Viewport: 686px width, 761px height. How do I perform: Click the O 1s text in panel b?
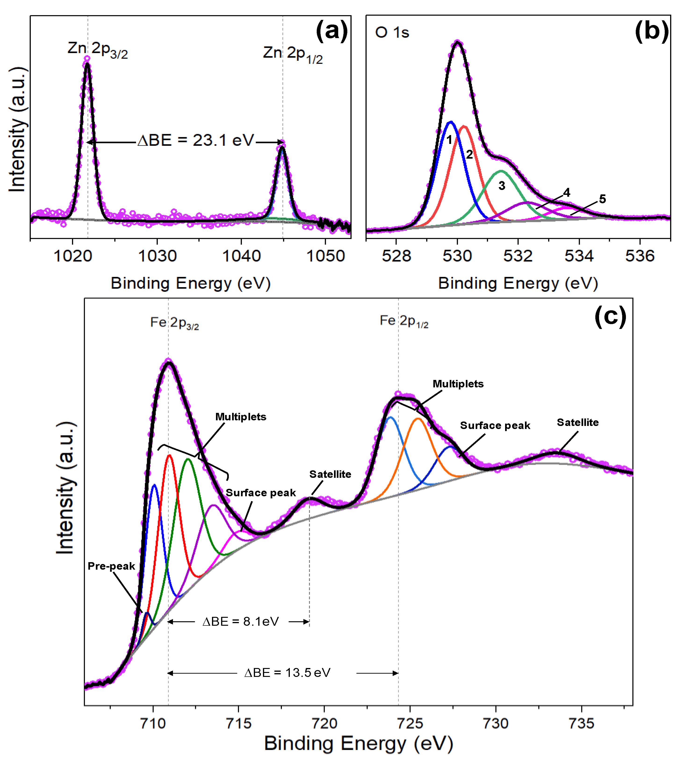pos(392,33)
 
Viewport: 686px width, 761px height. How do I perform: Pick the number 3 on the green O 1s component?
pos(502,185)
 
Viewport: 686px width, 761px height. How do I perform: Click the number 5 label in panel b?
pos(602,199)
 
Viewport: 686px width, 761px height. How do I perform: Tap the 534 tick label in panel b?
pos(579,256)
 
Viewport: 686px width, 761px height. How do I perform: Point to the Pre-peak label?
pos(111,566)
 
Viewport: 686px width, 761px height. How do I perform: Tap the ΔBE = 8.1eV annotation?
pos(241,621)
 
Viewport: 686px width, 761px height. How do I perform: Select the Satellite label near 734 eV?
pos(578,422)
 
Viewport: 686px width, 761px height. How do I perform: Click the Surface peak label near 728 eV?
pos(495,425)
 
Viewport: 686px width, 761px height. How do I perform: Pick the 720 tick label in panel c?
pos(324,723)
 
